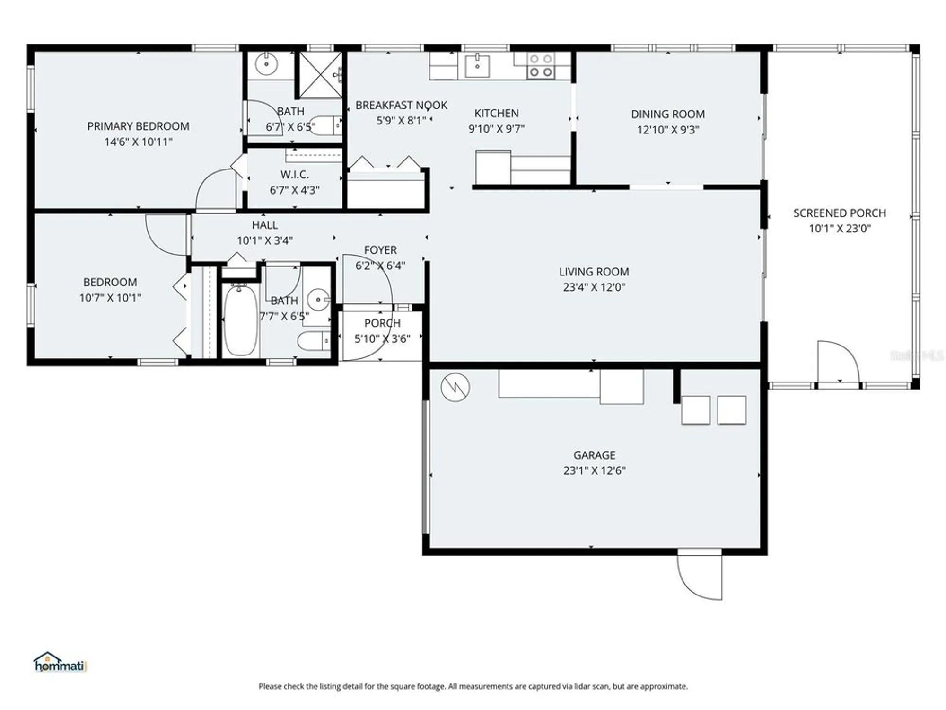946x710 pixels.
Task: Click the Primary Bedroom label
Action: [x=138, y=126]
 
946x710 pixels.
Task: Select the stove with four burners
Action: [x=541, y=65]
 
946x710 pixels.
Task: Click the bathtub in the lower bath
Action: [x=240, y=320]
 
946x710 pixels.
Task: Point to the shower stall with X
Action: [x=320, y=74]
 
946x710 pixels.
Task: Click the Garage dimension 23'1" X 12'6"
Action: [x=594, y=470]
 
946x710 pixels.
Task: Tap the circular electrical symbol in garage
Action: [x=455, y=387]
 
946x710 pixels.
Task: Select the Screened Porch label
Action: [x=839, y=213]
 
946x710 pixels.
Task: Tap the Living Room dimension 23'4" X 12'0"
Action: [x=594, y=287]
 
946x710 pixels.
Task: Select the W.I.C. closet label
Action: [x=294, y=175]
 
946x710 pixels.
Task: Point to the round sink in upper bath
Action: [x=266, y=64]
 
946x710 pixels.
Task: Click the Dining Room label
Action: [x=667, y=114]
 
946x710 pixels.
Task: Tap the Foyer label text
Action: [x=380, y=250]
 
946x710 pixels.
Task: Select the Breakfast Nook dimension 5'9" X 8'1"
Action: [x=401, y=121]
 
